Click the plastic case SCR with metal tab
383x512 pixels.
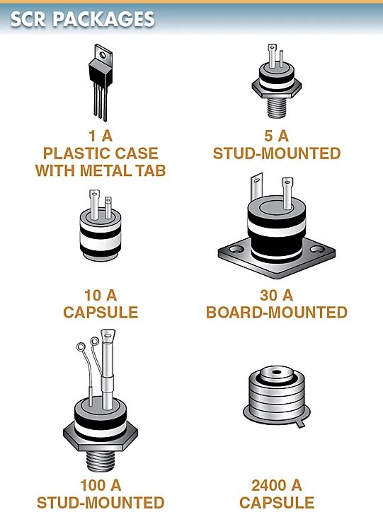click(x=101, y=78)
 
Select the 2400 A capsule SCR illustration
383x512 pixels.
click(x=277, y=396)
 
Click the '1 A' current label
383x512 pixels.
click(x=101, y=135)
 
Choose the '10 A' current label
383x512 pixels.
click(x=100, y=294)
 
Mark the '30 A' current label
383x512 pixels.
click(x=277, y=294)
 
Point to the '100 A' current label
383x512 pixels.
click(x=101, y=485)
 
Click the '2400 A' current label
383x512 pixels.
click(x=277, y=485)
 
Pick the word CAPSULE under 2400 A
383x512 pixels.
click(x=277, y=503)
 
